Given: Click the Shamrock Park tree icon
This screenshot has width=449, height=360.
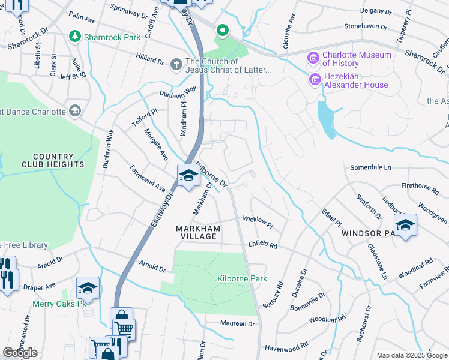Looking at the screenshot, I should tap(74, 37).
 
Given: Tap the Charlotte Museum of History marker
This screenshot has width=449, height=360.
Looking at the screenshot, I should tap(313, 59).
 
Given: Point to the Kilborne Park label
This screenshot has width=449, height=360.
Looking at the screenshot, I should tap(234, 279).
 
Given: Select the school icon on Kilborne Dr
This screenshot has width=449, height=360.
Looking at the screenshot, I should tap(188, 176).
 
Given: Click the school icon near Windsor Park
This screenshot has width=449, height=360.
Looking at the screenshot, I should tap(405, 225).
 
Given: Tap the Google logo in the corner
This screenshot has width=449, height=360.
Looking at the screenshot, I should tap(20, 353).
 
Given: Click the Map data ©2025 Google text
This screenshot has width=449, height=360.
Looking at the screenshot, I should tap(412, 355).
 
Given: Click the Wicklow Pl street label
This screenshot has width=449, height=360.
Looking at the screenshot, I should tap(258, 223).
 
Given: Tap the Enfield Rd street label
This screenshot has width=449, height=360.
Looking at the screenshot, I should tap(262, 245).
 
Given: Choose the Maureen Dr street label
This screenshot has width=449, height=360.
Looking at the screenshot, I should tap(238, 323).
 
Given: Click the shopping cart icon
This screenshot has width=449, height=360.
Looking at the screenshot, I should tap(124, 329).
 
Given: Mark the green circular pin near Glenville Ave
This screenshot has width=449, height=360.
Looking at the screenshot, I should tap(221, 29).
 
